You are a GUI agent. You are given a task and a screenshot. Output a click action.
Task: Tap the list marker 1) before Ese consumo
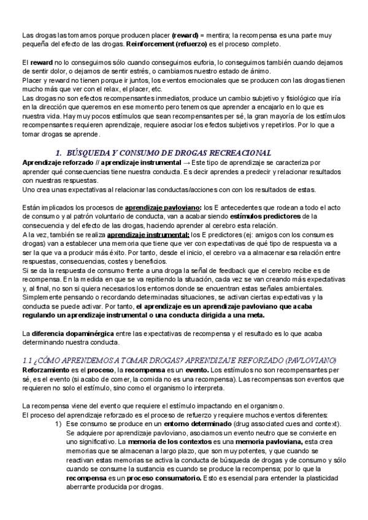click(58, 424)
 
